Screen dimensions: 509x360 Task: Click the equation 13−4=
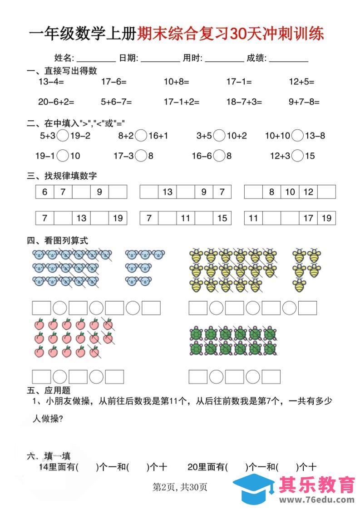click(x=51, y=82)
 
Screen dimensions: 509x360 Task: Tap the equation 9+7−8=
click(x=304, y=102)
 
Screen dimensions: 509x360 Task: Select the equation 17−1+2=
click(x=182, y=102)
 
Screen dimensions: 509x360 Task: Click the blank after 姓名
click(x=96, y=59)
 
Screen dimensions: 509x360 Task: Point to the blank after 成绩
click(x=289, y=59)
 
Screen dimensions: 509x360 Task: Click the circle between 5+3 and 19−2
click(x=64, y=135)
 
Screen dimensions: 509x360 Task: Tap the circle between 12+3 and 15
click(x=298, y=156)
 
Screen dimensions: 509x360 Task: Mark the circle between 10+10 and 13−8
click(x=298, y=135)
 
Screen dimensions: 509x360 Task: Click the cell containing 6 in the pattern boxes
click(x=45, y=192)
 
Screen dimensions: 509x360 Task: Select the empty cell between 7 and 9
click(x=81, y=192)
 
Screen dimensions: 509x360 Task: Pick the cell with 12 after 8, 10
click(x=308, y=192)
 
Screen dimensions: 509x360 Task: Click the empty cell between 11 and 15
click(x=204, y=218)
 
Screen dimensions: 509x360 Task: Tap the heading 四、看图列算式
click(x=58, y=240)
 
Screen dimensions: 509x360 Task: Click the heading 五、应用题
click(x=49, y=390)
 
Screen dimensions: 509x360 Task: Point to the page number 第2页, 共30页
click(x=180, y=488)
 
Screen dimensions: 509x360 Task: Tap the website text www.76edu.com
click(x=317, y=499)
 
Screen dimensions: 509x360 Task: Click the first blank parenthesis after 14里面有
click(x=88, y=467)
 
